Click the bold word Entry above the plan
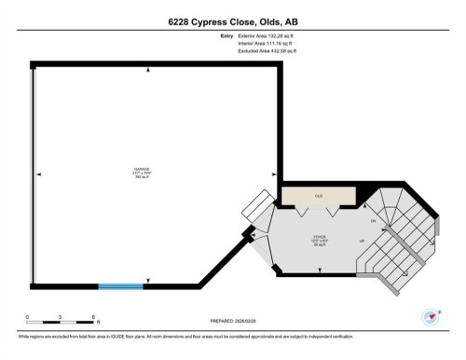[x=226, y=35]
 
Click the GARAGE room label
[x=141, y=171]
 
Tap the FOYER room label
[x=319, y=237]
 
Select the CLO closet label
[x=319, y=196]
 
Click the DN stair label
[x=373, y=221]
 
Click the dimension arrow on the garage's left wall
[x=40, y=173]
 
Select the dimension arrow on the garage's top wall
[x=147, y=70]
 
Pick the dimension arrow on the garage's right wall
[x=273, y=173]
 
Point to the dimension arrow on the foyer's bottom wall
[x=319, y=269]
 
